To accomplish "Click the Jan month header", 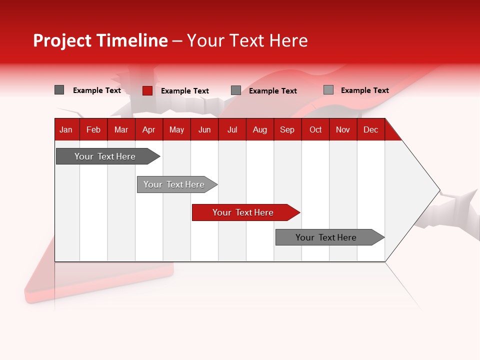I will (x=66, y=129).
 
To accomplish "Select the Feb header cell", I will (x=93, y=129).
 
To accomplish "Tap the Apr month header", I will (x=149, y=129).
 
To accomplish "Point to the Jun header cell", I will (x=204, y=129).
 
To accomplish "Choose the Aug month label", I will (x=260, y=129).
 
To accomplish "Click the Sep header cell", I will (x=287, y=129).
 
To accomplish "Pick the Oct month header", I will (x=315, y=129).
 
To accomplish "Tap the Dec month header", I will (x=371, y=129).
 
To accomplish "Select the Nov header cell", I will (x=343, y=129).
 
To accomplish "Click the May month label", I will (x=176, y=129).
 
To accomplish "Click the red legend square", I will (x=147, y=90).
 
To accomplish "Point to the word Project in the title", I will (x=62, y=40).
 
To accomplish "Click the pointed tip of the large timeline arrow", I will (x=438, y=190).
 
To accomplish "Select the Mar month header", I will (x=121, y=129).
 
